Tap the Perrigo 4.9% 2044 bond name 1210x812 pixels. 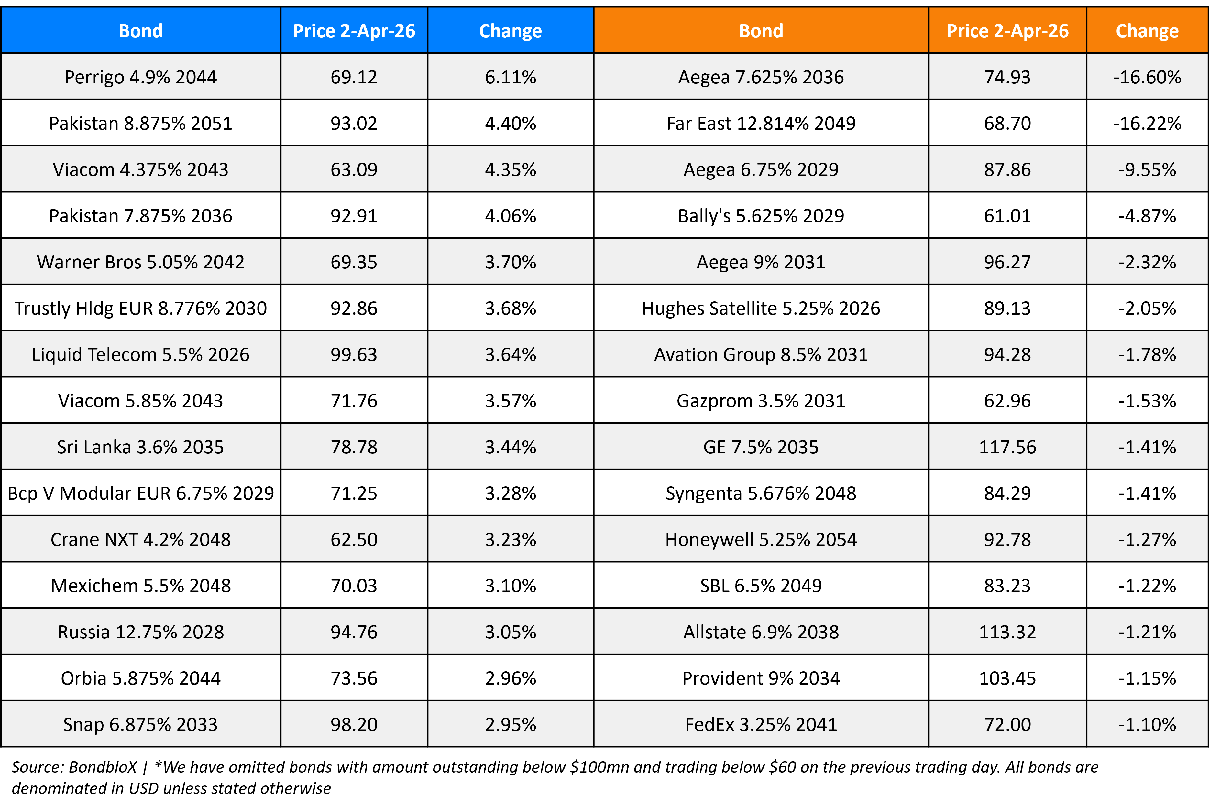click(x=140, y=77)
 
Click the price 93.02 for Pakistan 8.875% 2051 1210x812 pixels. click(x=354, y=123)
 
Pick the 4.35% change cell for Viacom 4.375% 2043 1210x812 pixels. click(x=510, y=170)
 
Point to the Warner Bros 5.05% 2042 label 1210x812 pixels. click(x=140, y=262)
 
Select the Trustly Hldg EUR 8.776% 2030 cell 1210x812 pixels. click(x=140, y=308)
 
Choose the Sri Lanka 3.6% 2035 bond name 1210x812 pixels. click(x=140, y=447)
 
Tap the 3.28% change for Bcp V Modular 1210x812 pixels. click(x=510, y=493)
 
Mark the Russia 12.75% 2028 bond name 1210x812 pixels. click(x=140, y=632)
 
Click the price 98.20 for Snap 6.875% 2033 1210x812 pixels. click(x=354, y=724)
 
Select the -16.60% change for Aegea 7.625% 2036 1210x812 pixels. click(x=1147, y=77)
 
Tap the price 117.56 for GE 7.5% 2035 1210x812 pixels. click(x=1007, y=447)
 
